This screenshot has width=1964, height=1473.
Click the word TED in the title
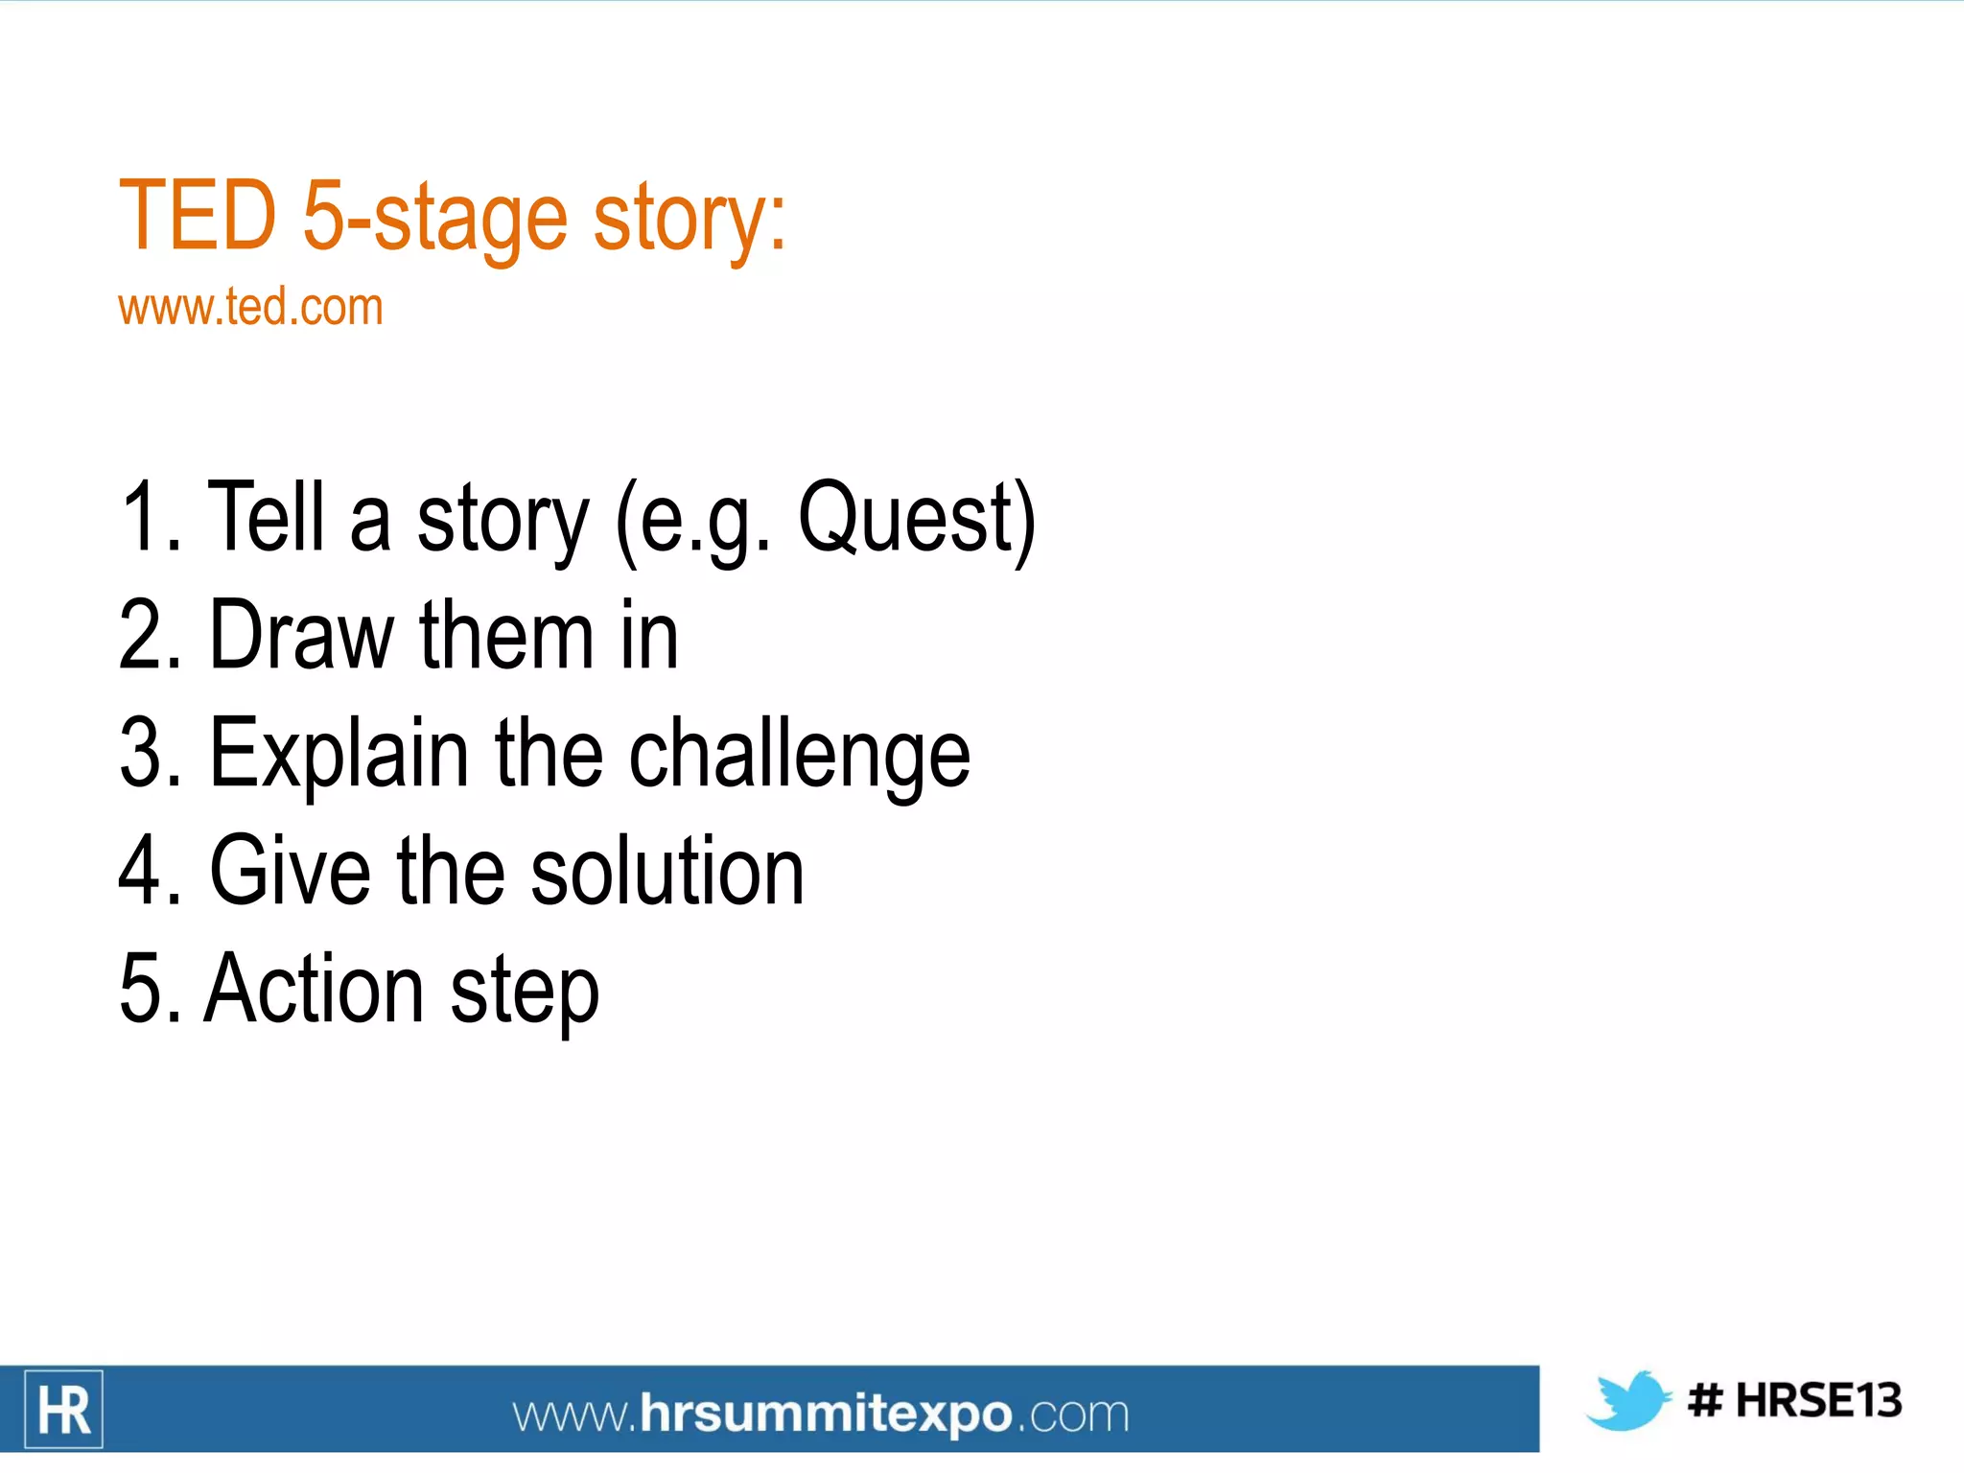[198, 217]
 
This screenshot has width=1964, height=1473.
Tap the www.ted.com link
[250, 308]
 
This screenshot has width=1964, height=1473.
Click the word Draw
[301, 635]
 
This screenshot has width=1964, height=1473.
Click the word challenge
[799, 755]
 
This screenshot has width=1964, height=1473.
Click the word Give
[290, 871]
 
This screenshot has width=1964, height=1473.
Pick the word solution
[666, 871]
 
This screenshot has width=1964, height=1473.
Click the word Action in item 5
[314, 989]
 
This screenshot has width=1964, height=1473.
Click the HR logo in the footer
[64, 1409]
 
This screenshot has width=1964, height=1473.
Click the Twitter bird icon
[1627, 1400]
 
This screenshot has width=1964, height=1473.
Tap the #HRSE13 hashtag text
[1794, 1400]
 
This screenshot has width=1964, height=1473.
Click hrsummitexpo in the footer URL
[825, 1414]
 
